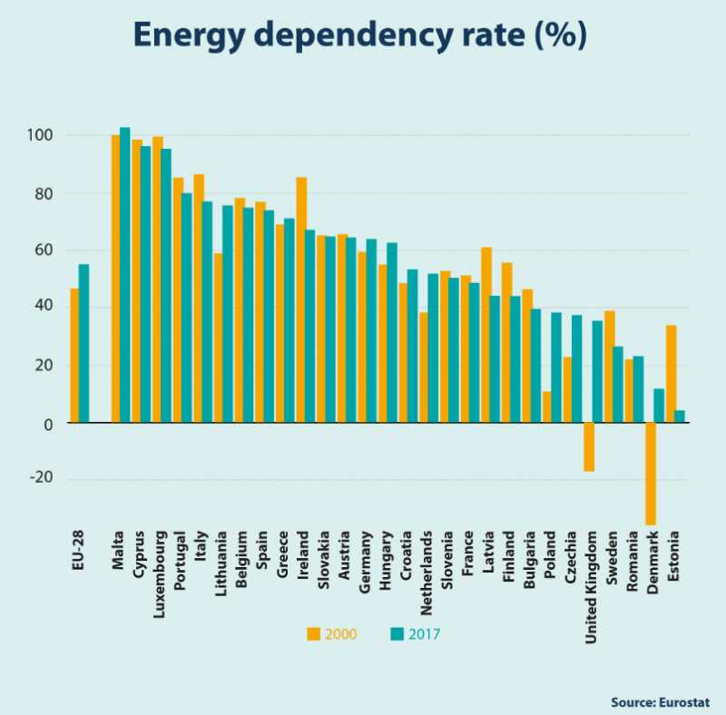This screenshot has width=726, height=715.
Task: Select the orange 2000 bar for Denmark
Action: [x=651, y=473]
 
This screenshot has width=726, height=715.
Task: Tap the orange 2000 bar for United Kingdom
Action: [x=589, y=446]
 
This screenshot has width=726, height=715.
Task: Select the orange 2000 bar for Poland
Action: [x=547, y=406]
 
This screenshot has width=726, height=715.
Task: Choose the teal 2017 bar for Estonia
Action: [x=680, y=416]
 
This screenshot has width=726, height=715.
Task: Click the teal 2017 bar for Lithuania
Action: [x=228, y=314]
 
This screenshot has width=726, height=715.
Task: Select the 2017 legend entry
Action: [x=413, y=634]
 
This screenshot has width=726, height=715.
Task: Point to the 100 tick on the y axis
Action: [x=41, y=136]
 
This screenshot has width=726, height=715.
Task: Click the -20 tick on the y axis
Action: [x=41, y=480]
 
